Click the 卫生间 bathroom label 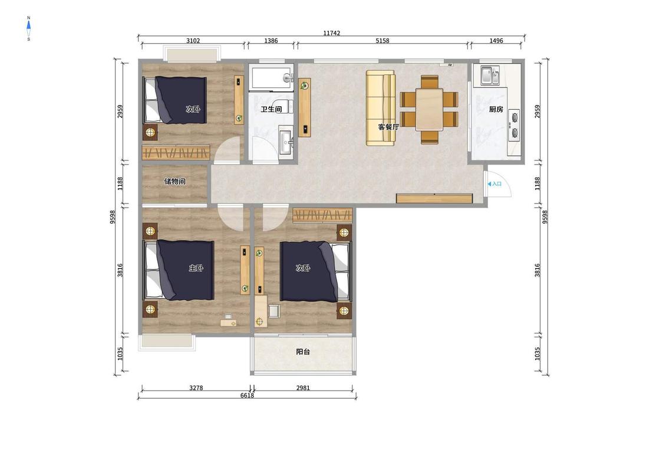[271, 109]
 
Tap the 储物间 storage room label [174, 182]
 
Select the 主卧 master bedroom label [196, 268]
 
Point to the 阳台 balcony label [303, 352]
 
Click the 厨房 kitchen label [496, 109]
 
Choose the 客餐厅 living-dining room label [388, 127]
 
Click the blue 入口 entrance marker [494, 183]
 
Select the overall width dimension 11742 [331, 33]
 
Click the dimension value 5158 [382, 41]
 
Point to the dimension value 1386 [271, 41]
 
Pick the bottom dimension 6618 [248, 395]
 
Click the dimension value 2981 [303, 388]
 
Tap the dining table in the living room [429, 109]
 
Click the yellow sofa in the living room [381, 108]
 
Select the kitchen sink [490, 76]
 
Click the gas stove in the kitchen [514, 125]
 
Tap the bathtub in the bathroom [271, 77]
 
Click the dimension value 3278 [196, 388]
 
